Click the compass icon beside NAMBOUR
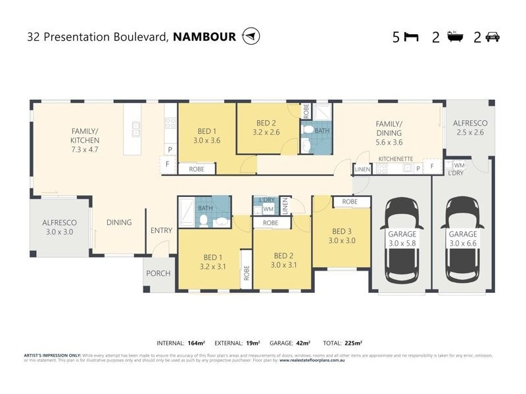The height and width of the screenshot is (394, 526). (x=251, y=36)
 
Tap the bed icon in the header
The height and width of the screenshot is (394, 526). (x=411, y=37)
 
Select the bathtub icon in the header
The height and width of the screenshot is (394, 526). (x=453, y=37)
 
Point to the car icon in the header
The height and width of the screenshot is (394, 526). (x=492, y=37)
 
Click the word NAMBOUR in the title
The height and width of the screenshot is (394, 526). (x=204, y=37)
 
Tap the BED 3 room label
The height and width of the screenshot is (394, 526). (x=341, y=236)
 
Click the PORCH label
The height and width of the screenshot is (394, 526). (x=158, y=273)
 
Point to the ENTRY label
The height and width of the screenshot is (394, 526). (x=161, y=230)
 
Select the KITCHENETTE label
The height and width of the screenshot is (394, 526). (x=396, y=159)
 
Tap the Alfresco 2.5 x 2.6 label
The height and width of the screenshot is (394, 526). (x=469, y=127)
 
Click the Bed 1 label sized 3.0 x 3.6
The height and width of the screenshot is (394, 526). (x=206, y=135)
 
